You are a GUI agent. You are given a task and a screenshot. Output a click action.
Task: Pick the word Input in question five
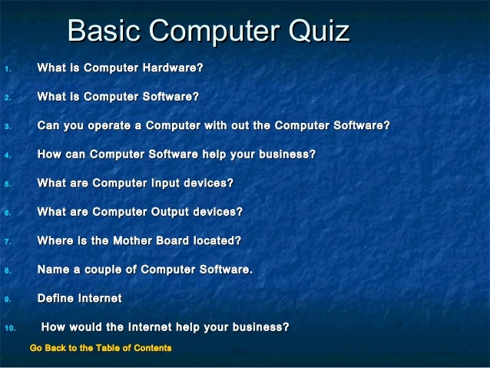pyautogui.click(x=171, y=183)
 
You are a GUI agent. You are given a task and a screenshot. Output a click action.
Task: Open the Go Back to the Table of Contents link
pyautogui.click(x=100, y=349)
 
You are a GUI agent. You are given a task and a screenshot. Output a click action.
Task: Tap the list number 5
pyautogui.click(x=7, y=184)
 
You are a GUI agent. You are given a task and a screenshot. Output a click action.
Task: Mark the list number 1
pyautogui.click(x=7, y=69)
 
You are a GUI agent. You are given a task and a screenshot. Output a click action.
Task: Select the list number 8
pyautogui.click(x=7, y=270)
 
